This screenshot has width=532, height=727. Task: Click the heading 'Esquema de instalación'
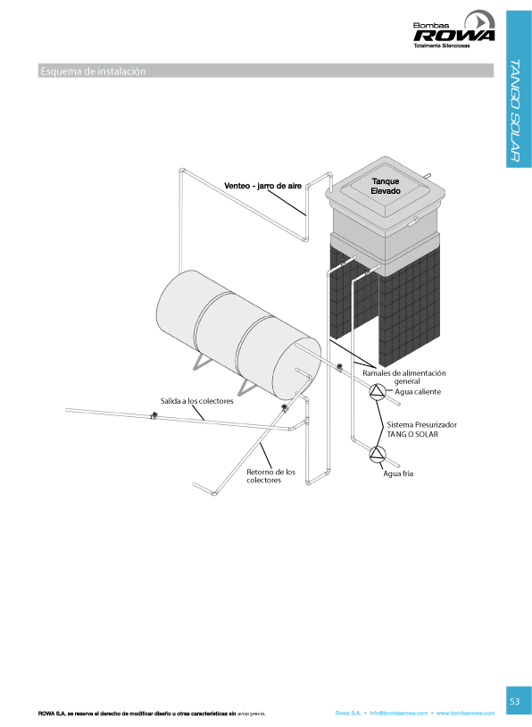pos(93,71)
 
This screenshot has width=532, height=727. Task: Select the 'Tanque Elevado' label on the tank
pos(386,186)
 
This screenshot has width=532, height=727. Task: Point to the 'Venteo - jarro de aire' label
pos(262,186)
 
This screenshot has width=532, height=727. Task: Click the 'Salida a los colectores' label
pos(197,401)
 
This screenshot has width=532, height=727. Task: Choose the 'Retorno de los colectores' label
pos(270,476)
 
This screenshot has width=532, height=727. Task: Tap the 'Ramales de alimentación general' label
pos(404,377)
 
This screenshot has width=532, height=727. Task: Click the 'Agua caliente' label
pos(418,392)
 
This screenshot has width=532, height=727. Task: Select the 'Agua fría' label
pos(398,473)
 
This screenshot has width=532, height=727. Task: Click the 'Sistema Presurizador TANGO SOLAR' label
pos(421,430)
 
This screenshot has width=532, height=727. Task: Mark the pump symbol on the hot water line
pos(378,392)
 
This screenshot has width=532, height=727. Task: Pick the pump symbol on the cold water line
pos(378,454)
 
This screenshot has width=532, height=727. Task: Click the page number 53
pos(515,701)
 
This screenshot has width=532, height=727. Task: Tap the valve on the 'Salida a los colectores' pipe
pos(154,415)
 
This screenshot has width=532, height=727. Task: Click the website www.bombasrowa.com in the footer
pos(465,713)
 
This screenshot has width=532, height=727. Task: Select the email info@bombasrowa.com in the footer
pos(398,713)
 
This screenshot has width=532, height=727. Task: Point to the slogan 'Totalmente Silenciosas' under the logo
pos(442,46)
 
